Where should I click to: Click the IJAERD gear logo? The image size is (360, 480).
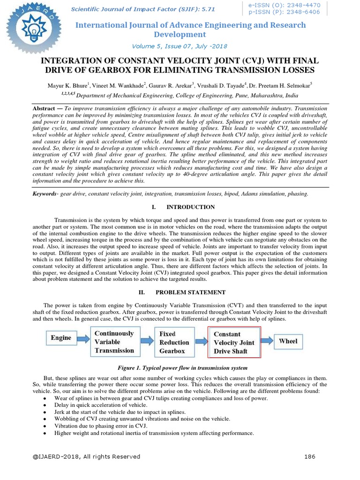[28, 29]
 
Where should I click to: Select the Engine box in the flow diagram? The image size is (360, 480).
[61, 337]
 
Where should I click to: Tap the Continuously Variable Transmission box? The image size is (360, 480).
[114, 342]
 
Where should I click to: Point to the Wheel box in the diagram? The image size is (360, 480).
[288, 341]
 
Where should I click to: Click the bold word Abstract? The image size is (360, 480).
[44, 108]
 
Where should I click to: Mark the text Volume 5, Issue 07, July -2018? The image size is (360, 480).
[180, 46]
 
